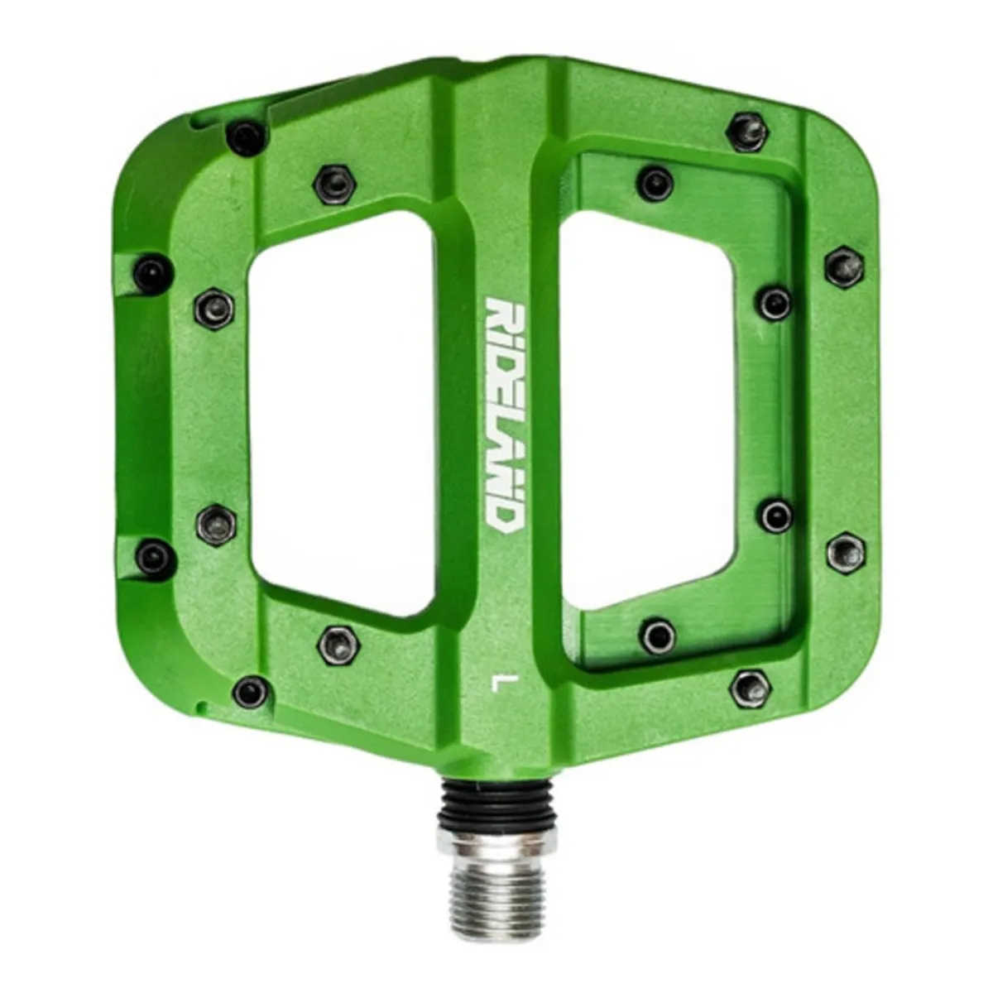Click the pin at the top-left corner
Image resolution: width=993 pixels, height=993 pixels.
pyautogui.click(x=247, y=137)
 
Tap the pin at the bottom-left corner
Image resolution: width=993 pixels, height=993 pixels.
pyautogui.click(x=251, y=690)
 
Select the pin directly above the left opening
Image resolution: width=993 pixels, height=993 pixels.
pyautogui.click(x=334, y=181)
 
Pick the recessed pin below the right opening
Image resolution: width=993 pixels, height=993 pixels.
pyautogui.click(x=659, y=636)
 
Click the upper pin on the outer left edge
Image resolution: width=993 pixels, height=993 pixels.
pyautogui.click(x=152, y=271)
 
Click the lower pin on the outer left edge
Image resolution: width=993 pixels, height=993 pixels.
pyautogui.click(x=155, y=556)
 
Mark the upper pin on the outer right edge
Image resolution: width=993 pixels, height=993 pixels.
pyautogui.click(x=844, y=266)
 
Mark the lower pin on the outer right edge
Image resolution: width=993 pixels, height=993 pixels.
pyautogui.click(x=846, y=552)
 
